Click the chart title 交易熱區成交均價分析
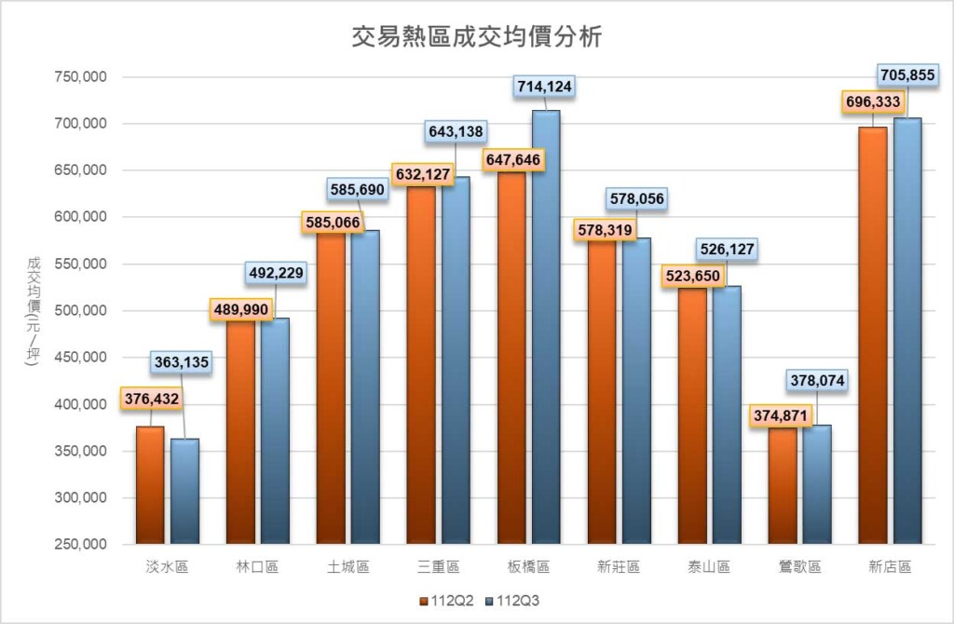(x=476, y=37)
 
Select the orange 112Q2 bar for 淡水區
(x=150, y=484)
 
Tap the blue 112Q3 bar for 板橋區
(x=545, y=326)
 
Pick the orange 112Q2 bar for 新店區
(x=873, y=335)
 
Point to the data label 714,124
(x=544, y=87)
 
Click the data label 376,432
(x=150, y=399)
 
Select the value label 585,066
(x=331, y=223)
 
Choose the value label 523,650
(x=691, y=277)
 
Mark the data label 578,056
(x=635, y=198)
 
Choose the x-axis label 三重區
(x=439, y=567)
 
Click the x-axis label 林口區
(x=257, y=567)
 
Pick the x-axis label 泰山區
(x=709, y=567)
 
